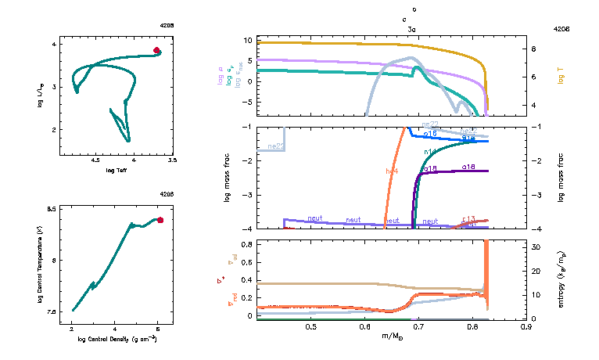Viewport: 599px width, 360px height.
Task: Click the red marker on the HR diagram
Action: tap(156, 50)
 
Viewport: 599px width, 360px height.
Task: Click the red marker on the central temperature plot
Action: tap(160, 220)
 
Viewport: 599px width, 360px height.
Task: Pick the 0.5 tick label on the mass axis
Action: tap(310, 326)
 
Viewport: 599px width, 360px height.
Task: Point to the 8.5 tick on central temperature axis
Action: tap(51, 209)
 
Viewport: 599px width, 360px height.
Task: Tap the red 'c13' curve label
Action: tap(469, 218)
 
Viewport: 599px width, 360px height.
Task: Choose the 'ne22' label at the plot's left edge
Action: tap(275, 146)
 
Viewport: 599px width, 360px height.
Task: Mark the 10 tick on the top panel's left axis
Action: tap(247, 40)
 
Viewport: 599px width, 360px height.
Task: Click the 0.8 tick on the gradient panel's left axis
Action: tap(246, 244)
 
